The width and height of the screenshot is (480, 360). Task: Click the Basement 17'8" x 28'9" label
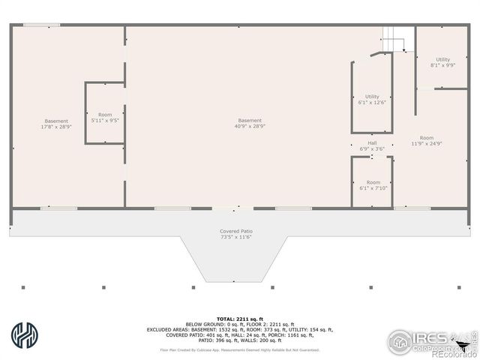pos(55,124)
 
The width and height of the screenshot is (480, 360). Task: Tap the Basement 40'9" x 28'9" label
pos(250,124)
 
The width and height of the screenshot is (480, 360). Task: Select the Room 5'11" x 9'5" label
pos(105,118)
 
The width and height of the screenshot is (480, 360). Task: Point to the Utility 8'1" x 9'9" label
pos(443,62)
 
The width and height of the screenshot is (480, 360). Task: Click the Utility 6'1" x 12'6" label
pos(372,100)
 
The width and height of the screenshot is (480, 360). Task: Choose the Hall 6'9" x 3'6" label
pos(372,146)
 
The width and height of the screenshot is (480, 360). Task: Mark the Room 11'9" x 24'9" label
pos(426,140)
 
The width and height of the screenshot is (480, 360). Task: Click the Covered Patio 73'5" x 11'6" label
pos(236,234)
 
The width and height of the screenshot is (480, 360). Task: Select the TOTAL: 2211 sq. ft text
pos(240,319)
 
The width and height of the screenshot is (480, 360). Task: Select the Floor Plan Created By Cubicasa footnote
pos(240,349)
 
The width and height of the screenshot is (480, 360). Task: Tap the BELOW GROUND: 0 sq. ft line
pos(240,324)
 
